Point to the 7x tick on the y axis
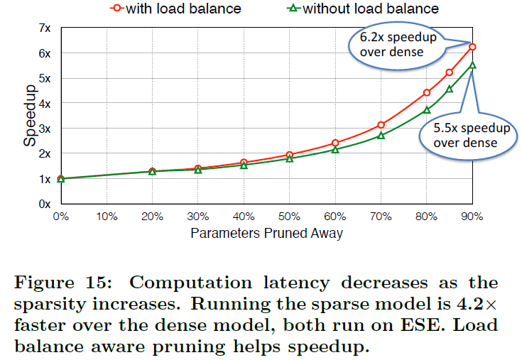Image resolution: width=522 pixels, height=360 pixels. click(x=45, y=28)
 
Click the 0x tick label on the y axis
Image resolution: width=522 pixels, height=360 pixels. click(x=45, y=204)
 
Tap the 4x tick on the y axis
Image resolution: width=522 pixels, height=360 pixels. click(x=45, y=104)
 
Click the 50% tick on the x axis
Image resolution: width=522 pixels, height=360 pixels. click(x=289, y=215)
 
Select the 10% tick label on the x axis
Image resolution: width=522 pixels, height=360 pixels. click(x=107, y=215)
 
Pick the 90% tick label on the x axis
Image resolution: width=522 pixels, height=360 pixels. click(x=472, y=215)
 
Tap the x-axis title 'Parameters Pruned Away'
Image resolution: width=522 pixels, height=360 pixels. click(x=267, y=232)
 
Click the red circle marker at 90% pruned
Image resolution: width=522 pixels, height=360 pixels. click(x=472, y=47)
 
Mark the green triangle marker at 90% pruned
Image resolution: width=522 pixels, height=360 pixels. click(x=472, y=65)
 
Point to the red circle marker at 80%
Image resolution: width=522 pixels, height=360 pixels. click(x=427, y=92)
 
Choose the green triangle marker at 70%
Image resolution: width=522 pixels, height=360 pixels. click(x=381, y=135)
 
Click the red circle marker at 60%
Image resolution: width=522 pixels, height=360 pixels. click(x=335, y=143)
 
